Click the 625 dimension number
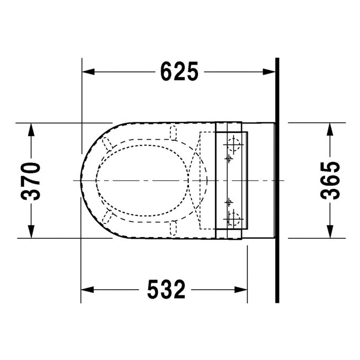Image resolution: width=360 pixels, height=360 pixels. tap(179, 71)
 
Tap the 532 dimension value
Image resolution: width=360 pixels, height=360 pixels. tap(166, 289)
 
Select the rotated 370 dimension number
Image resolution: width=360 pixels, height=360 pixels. tap(30, 181)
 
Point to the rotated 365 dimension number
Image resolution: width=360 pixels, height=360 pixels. tap(330, 181)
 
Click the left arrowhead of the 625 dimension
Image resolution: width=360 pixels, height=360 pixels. tap(88, 71)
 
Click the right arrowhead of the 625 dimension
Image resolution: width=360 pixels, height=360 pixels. tap(269, 71)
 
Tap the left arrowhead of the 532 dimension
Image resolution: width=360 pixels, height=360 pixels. tap(87, 290)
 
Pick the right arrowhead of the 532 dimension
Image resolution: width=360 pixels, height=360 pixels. tap(241, 290)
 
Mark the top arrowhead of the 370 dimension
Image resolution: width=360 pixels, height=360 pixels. tap(31, 130)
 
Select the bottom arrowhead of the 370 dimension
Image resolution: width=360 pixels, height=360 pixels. tap(31, 232)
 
